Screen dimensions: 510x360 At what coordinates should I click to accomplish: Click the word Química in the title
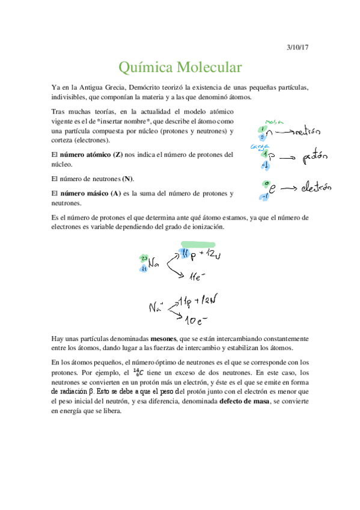pyautogui.click(x=144, y=66)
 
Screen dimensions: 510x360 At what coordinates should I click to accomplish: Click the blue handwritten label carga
pyautogui.click(x=259, y=146)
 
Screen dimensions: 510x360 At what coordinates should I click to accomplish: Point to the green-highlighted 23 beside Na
pyautogui.click(x=144, y=258)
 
